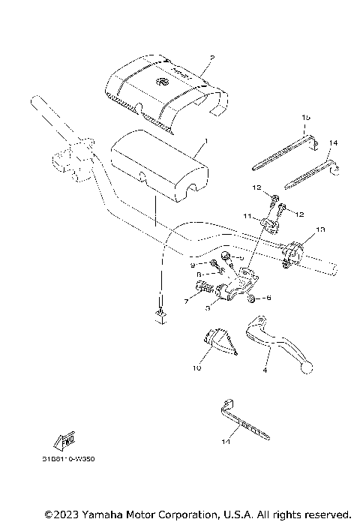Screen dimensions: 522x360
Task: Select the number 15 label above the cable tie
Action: click(306, 118)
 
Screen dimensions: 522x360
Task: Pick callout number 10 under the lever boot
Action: click(196, 368)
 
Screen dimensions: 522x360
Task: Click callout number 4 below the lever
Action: click(265, 369)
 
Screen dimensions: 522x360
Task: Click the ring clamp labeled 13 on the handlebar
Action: click(291, 253)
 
